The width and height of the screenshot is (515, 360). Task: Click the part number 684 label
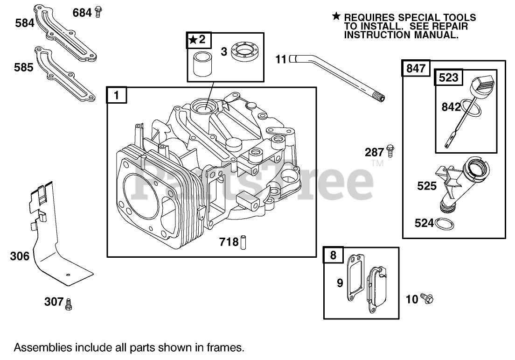(x=82, y=13)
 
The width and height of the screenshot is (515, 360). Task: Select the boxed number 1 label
(x=116, y=96)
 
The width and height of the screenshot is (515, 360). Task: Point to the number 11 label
(x=280, y=59)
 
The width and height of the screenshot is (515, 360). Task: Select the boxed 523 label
(x=449, y=78)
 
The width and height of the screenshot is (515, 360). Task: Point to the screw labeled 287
(x=391, y=151)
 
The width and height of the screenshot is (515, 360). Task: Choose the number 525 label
(x=427, y=186)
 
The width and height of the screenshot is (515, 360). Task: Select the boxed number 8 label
(x=333, y=255)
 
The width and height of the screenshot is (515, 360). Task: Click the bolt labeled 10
(x=426, y=298)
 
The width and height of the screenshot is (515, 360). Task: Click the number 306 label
(x=20, y=256)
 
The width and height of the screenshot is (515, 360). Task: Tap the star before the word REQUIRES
(x=336, y=17)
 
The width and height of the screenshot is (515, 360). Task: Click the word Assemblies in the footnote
(x=42, y=347)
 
